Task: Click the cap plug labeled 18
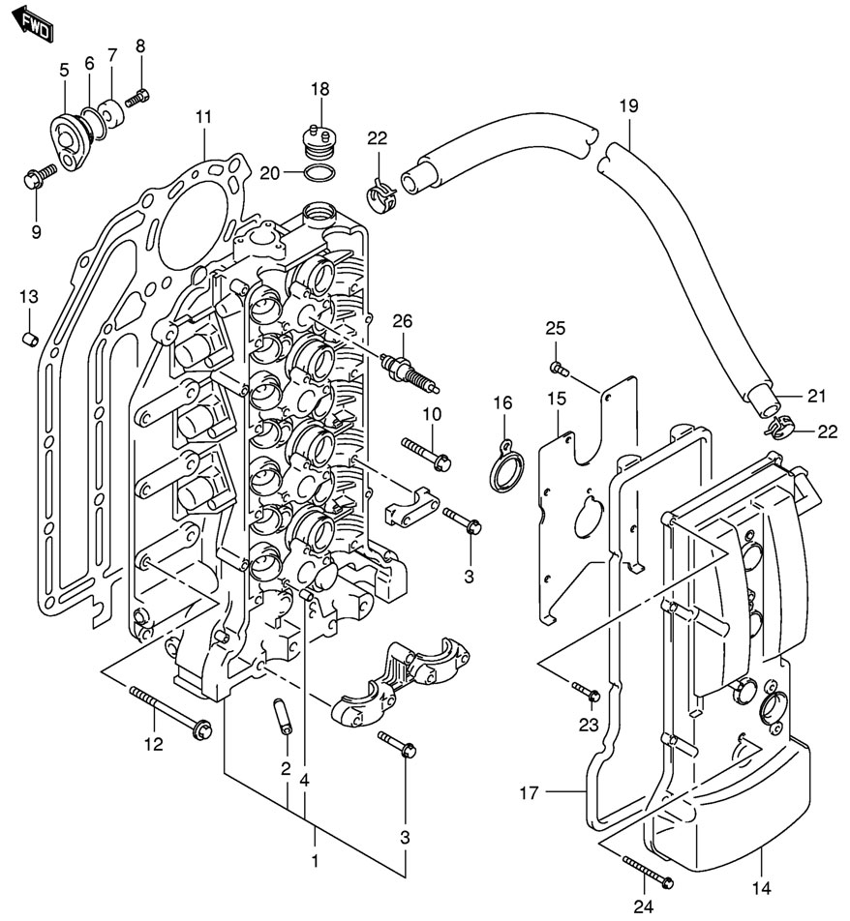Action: [319, 141]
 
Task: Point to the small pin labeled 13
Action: [29, 339]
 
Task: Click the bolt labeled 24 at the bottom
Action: [649, 870]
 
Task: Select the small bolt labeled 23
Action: [587, 691]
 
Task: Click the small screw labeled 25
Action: [557, 367]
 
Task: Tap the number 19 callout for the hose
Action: [628, 106]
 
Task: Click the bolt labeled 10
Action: [425, 452]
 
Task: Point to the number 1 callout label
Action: [315, 858]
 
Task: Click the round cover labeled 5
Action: [69, 135]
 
